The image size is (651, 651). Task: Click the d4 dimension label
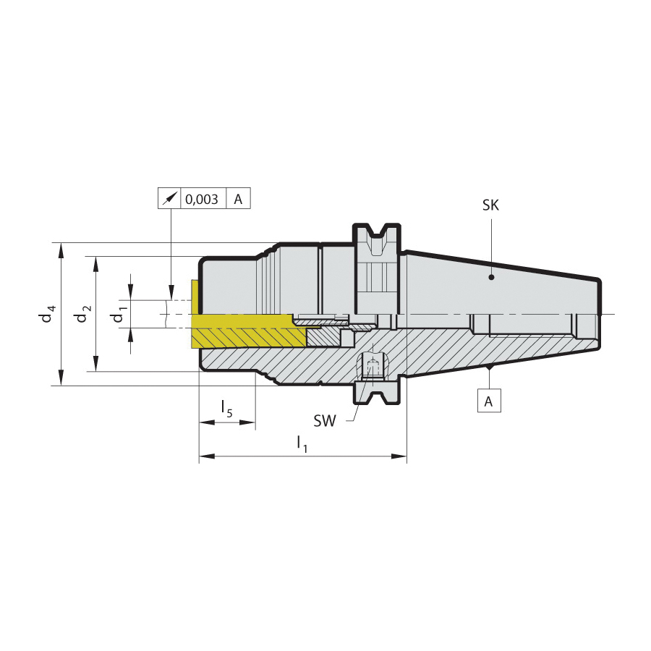[x=47, y=313]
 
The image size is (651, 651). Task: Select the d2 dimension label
[x=82, y=313]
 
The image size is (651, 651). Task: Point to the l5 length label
[x=227, y=409]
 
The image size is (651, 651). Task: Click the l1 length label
[x=302, y=444]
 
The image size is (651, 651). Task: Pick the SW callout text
[x=325, y=421]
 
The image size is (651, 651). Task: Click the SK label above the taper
[x=490, y=205]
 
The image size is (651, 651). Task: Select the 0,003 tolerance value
[x=201, y=200]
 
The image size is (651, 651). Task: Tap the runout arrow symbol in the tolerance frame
[x=169, y=198]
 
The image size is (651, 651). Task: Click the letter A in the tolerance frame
[x=238, y=200]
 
